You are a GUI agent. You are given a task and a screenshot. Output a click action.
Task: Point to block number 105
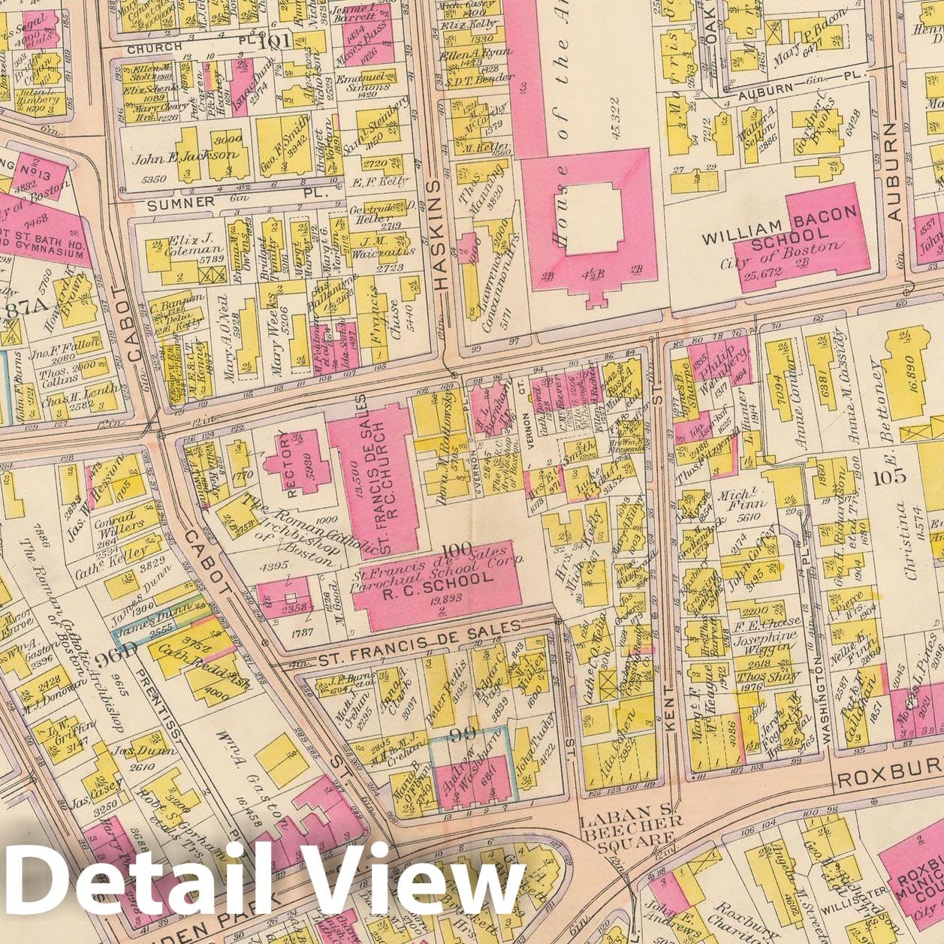click(889, 476)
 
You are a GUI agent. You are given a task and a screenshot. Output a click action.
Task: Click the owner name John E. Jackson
click(185, 158)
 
